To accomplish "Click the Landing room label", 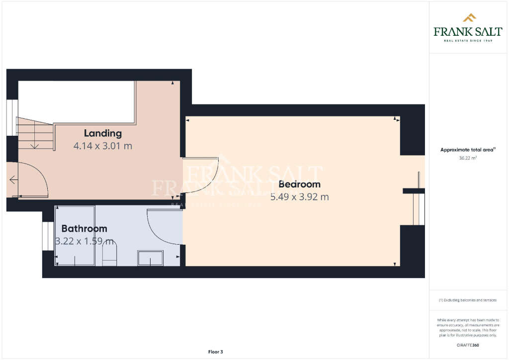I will (x=102, y=133).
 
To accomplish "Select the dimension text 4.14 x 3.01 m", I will (x=102, y=146).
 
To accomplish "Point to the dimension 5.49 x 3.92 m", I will (x=299, y=197).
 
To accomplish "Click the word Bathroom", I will (x=84, y=229).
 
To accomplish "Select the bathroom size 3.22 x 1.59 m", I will (x=85, y=242).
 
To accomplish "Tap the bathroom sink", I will (x=150, y=258).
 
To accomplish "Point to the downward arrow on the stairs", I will (x=35, y=145).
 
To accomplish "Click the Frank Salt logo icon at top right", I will (x=469, y=18).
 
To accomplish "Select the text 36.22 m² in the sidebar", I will (x=468, y=158).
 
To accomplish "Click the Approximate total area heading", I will (x=468, y=150).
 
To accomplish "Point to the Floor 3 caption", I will (x=215, y=352).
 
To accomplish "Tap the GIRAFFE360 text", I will (x=468, y=345).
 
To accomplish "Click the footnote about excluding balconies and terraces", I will (x=468, y=300).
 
